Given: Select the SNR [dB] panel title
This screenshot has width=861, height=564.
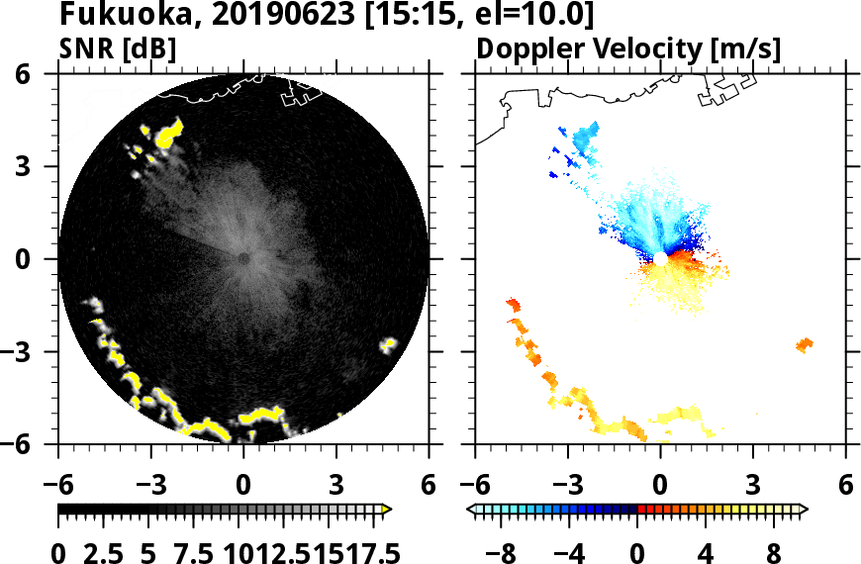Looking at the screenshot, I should [x=118, y=49].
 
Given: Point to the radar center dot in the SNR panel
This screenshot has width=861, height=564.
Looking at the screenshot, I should [x=243, y=258].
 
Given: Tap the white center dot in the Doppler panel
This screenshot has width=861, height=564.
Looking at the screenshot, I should [x=659, y=258].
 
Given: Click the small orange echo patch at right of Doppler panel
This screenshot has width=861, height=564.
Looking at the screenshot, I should [x=804, y=344].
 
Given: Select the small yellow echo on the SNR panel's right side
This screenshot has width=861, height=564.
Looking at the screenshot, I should [x=388, y=344].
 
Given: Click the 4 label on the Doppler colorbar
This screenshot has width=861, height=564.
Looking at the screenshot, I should [x=707, y=552].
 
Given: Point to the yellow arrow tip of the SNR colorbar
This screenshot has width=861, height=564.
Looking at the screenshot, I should [x=388, y=510].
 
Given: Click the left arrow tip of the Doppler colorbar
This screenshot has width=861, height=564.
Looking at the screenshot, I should [x=470, y=510].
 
